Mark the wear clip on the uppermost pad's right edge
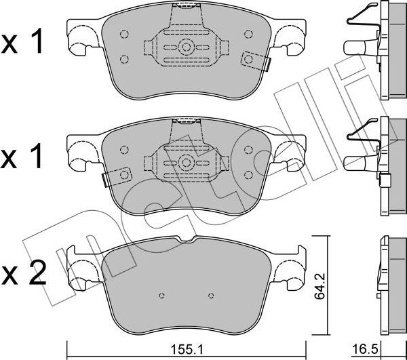click(260, 62)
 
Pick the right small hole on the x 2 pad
click(211, 295)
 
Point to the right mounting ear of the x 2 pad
click(291, 270)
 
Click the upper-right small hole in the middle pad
click(248, 150)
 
